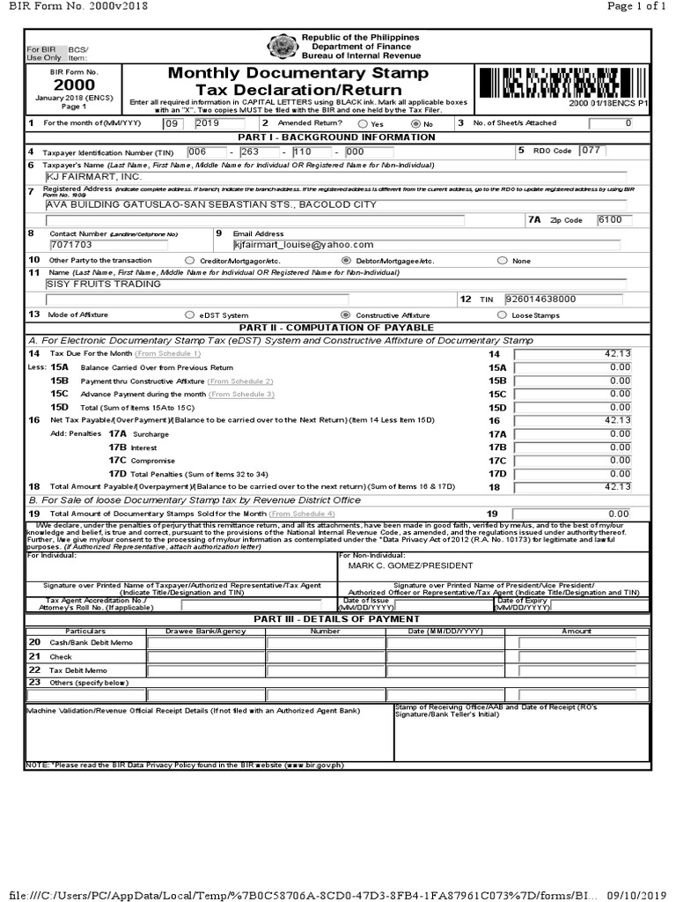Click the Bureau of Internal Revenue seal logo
[x=283, y=47]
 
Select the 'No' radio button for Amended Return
[x=415, y=124]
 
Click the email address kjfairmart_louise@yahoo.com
[x=304, y=245]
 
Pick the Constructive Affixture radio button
[x=345, y=314]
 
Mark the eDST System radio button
[x=190, y=314]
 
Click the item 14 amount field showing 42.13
[x=573, y=353]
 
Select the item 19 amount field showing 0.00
[x=573, y=513]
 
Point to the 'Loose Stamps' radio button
[x=502, y=314]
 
